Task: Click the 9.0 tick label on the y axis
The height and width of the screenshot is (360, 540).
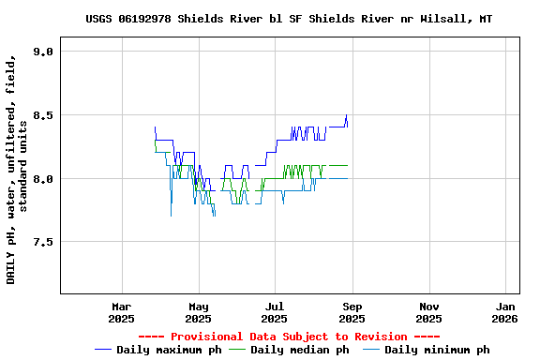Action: click(x=42, y=52)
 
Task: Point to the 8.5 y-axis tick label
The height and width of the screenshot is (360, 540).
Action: click(x=42, y=115)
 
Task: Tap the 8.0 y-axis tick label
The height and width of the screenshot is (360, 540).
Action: click(x=42, y=179)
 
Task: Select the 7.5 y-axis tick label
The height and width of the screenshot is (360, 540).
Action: click(x=42, y=242)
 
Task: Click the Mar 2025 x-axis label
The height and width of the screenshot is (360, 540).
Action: click(x=121, y=312)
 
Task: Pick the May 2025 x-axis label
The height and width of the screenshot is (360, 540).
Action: click(x=198, y=312)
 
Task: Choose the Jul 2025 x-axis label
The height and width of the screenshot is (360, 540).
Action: click(x=275, y=312)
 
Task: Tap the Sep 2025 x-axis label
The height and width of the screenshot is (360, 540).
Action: click(x=352, y=312)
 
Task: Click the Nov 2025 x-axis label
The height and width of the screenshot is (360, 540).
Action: click(x=428, y=312)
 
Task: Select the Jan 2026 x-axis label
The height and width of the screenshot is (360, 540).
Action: click(x=505, y=312)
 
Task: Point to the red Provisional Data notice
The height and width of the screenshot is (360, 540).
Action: click(x=289, y=337)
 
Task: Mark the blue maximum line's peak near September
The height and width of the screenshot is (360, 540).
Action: click(x=346, y=115)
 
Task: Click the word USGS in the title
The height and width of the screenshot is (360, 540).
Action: click(x=98, y=19)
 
